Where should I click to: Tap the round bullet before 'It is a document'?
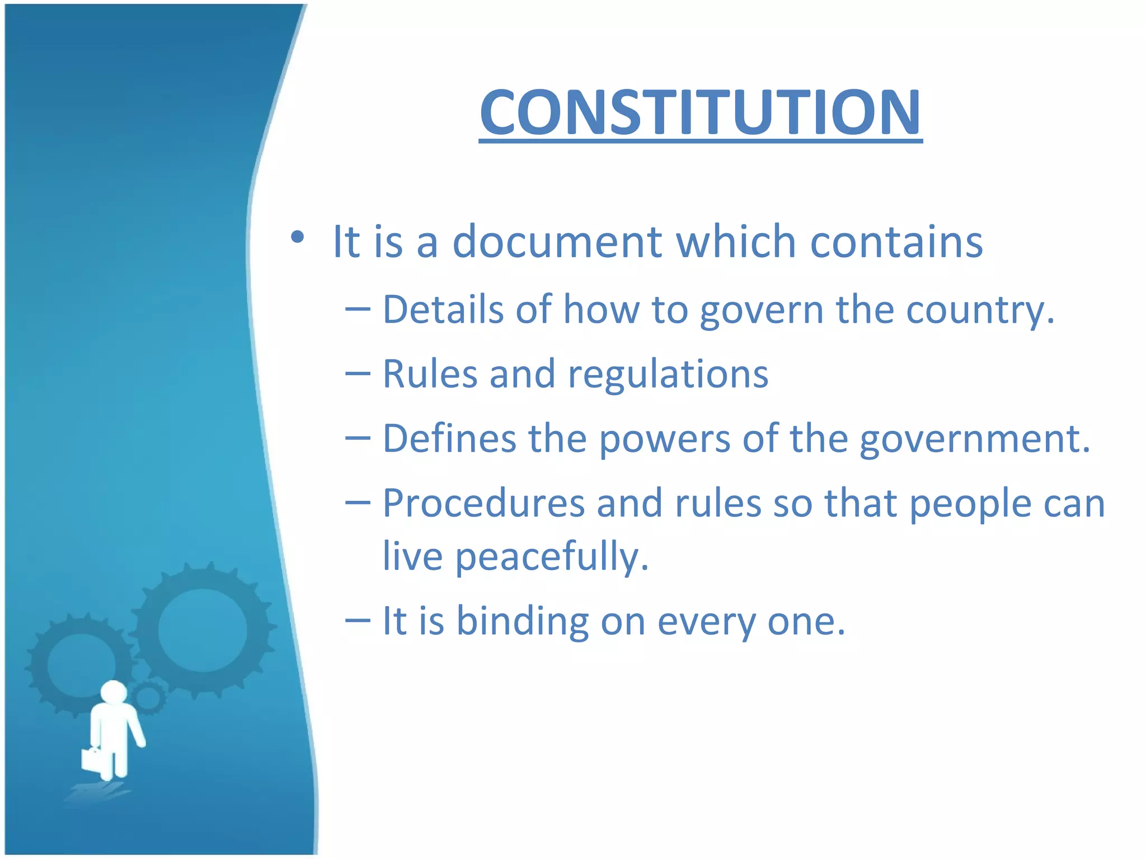pyautogui.click(x=298, y=238)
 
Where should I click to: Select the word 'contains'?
pyautogui.click(x=896, y=243)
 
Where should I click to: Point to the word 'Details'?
pyautogui.click(x=443, y=309)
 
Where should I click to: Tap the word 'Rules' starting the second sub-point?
pyautogui.click(x=430, y=374)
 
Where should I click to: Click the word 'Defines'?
pyautogui.click(x=449, y=438)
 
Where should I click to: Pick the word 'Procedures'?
pyautogui.click(x=483, y=503)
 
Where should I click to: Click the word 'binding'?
pyautogui.click(x=523, y=622)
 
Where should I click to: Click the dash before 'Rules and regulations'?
pyautogui.click(x=358, y=374)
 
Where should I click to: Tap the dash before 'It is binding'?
pyautogui.click(x=358, y=620)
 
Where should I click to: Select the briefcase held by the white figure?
pyautogui.click(x=92, y=759)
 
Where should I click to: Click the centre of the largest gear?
pyautogui.click(x=203, y=630)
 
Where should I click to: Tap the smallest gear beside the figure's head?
pyautogui.click(x=148, y=697)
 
